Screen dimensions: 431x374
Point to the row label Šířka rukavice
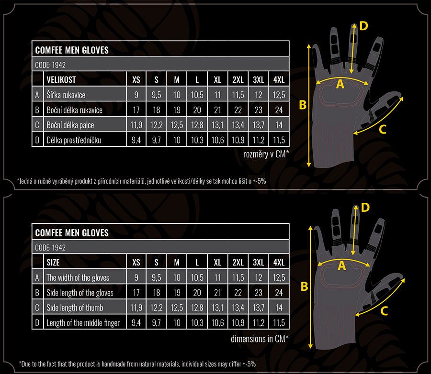click(66, 95)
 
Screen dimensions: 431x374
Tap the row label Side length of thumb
click(75, 308)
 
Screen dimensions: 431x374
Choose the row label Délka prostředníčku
click(74, 140)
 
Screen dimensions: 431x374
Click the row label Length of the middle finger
click(83, 323)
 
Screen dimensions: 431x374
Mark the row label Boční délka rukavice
click(75, 110)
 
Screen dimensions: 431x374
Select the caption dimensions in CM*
click(260, 339)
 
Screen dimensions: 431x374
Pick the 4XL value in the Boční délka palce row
click(279, 125)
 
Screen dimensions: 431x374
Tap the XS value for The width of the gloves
click(136, 277)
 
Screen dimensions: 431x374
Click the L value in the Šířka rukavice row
click(197, 95)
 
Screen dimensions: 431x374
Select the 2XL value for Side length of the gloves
click(238, 293)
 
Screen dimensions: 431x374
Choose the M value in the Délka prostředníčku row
click(177, 140)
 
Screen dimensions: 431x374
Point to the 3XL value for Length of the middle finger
click(259, 323)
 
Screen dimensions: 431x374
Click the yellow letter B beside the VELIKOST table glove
click(303, 105)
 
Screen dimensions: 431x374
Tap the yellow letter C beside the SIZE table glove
click(384, 311)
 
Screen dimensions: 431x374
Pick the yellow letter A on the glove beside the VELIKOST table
click(340, 84)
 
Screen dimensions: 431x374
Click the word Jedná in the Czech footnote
click(25, 181)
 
